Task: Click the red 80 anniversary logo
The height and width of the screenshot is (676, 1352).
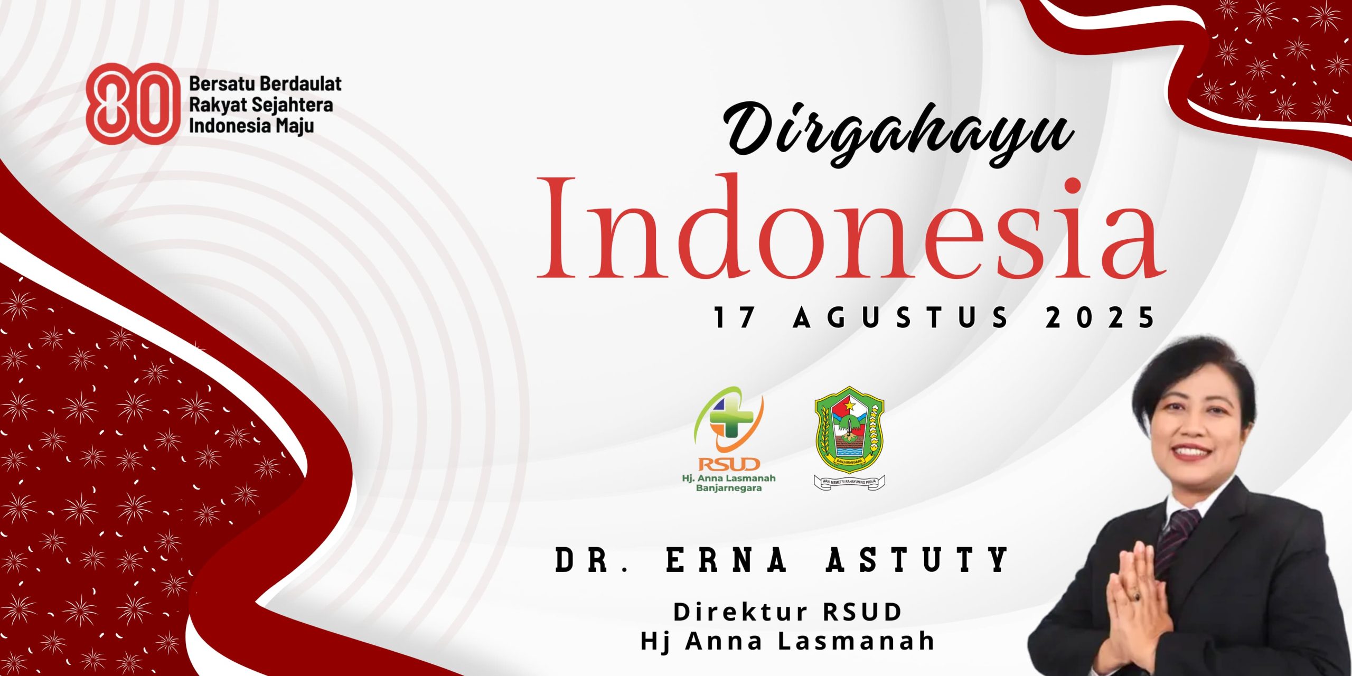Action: [129, 104]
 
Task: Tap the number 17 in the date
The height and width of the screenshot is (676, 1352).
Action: [734, 318]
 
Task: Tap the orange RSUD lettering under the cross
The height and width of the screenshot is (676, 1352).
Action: [729, 464]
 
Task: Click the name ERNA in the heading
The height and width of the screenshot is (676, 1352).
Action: [727, 560]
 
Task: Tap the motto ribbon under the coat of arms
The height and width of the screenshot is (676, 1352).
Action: [849, 482]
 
